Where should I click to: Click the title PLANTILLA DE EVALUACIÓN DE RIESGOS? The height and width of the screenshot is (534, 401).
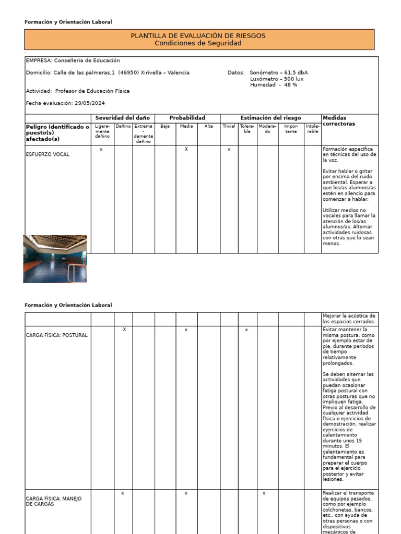click(x=198, y=35)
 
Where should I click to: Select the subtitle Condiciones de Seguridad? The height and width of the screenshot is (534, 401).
click(x=198, y=43)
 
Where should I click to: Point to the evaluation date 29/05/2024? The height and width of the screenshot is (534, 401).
click(x=90, y=103)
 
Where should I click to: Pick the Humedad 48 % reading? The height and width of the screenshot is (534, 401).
click(x=274, y=85)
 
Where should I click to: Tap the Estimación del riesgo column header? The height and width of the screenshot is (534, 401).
click(x=270, y=118)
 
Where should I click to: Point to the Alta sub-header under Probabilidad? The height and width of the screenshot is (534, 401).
click(x=208, y=126)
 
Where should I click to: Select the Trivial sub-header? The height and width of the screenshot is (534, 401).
click(x=229, y=126)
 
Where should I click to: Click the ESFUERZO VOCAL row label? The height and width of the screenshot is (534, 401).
click(x=48, y=154)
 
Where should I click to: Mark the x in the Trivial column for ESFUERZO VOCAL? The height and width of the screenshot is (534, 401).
click(x=229, y=150)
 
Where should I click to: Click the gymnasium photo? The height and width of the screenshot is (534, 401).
click(x=55, y=259)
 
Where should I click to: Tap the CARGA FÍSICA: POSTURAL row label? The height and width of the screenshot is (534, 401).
click(x=57, y=335)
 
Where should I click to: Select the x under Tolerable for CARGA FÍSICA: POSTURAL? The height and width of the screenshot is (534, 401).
click(x=246, y=330)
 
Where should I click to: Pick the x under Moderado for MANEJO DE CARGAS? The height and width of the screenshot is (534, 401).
click(x=264, y=493)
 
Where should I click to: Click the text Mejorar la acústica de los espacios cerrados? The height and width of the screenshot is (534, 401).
click(x=349, y=319)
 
